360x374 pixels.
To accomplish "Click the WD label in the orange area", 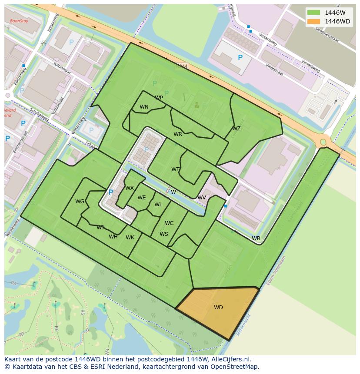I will tap(218, 308).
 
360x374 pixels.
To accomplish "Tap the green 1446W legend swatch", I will tap(313, 13).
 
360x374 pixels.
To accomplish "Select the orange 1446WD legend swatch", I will tap(313, 21).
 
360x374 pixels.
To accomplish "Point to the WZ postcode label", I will tap(236, 129).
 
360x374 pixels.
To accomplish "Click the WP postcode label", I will tap(159, 98).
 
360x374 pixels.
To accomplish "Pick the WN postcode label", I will tap(144, 107).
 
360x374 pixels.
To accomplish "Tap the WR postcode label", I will tap(178, 134).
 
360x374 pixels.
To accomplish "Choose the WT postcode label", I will tap(175, 169).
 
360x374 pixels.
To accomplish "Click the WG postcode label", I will tap(80, 202).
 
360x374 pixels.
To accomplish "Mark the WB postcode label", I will tap(256, 238).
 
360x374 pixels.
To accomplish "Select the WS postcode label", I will tap(163, 234).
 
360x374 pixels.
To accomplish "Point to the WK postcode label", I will tap(130, 238).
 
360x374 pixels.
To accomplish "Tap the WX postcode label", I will tap(130, 188).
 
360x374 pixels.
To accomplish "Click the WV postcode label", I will tap(202, 198).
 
